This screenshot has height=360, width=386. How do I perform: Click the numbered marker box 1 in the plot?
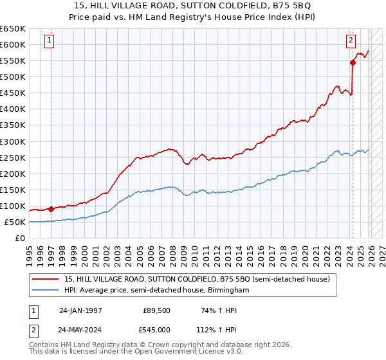point(50,40)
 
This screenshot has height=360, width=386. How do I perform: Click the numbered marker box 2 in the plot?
point(351,40)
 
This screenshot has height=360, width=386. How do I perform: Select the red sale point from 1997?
point(51,209)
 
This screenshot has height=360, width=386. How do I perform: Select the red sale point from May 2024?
point(353,62)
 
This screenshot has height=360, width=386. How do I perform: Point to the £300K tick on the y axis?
point(13,141)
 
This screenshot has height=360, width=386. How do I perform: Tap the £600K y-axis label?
point(13,44)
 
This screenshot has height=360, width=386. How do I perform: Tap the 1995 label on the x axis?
point(30,251)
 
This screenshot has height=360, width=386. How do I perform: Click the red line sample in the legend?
point(46,279)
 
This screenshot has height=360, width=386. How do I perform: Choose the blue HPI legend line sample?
point(46,291)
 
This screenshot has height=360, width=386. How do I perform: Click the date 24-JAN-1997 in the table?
point(80,310)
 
